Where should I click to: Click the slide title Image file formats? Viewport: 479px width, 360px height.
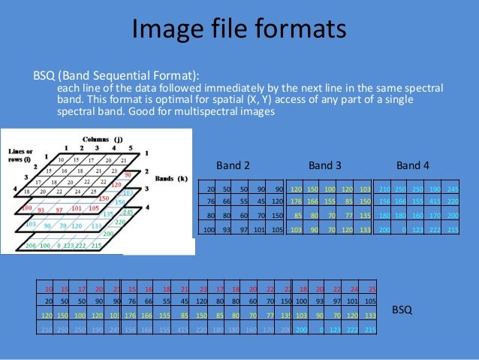pyautogui.click(x=239, y=29)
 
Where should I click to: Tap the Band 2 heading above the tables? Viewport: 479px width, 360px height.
pyautogui.click(x=233, y=165)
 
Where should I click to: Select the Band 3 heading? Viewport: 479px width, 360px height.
pyautogui.click(x=324, y=165)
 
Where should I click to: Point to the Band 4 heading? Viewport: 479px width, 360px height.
pyautogui.click(x=413, y=165)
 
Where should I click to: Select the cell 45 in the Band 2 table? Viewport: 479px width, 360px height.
pyautogui.click(x=261, y=202)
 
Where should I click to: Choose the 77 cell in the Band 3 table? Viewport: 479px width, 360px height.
pyautogui.click(x=346, y=216)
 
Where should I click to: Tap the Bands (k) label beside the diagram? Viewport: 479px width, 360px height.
pyautogui.click(x=171, y=179)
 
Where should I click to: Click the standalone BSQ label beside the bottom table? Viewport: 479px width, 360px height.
pyautogui.click(x=403, y=309)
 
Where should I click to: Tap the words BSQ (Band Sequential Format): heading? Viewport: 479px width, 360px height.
pyautogui.click(x=116, y=75)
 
